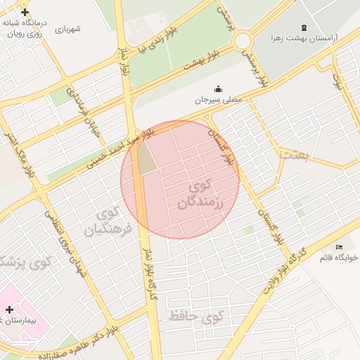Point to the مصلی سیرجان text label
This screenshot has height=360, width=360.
coord(218,100)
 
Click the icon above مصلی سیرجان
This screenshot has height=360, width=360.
coord(218,89)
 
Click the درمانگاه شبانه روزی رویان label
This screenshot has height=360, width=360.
coord(25,27)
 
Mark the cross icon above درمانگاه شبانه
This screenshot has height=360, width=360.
coord(25,13)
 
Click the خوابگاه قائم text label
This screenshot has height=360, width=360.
coord(339,257)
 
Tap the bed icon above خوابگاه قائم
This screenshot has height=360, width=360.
coord(340,247)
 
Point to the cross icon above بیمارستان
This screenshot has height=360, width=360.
coord(9,309)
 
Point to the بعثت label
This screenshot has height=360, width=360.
coord(291,155)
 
